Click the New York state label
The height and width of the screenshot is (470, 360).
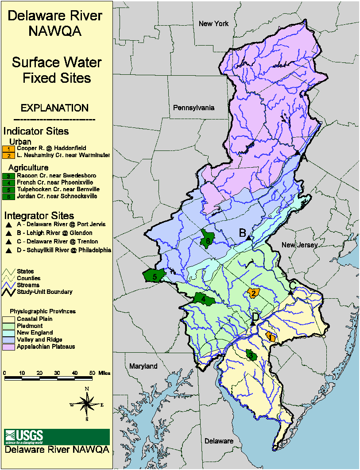pyautogui.click(x=213, y=23)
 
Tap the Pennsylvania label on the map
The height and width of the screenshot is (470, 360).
pyautogui.click(x=194, y=108)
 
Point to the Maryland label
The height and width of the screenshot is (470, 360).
pyautogui.click(x=143, y=366)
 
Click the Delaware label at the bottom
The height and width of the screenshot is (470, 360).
pyautogui.click(x=219, y=441)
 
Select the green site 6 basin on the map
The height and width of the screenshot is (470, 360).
pyautogui.click(x=207, y=238)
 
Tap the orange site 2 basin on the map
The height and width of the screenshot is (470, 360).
pyautogui.click(x=253, y=293)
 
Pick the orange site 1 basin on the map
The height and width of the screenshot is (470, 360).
pyautogui.click(x=270, y=337)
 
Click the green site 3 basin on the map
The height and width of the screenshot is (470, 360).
pyautogui.click(x=252, y=354)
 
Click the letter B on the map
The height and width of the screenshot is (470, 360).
pyautogui.click(x=242, y=232)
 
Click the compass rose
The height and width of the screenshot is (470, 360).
pyautogui.click(x=87, y=403)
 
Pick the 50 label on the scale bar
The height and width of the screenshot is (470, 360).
pyautogui.click(x=92, y=373)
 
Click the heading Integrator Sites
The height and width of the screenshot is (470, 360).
pyautogui.click(x=39, y=216)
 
